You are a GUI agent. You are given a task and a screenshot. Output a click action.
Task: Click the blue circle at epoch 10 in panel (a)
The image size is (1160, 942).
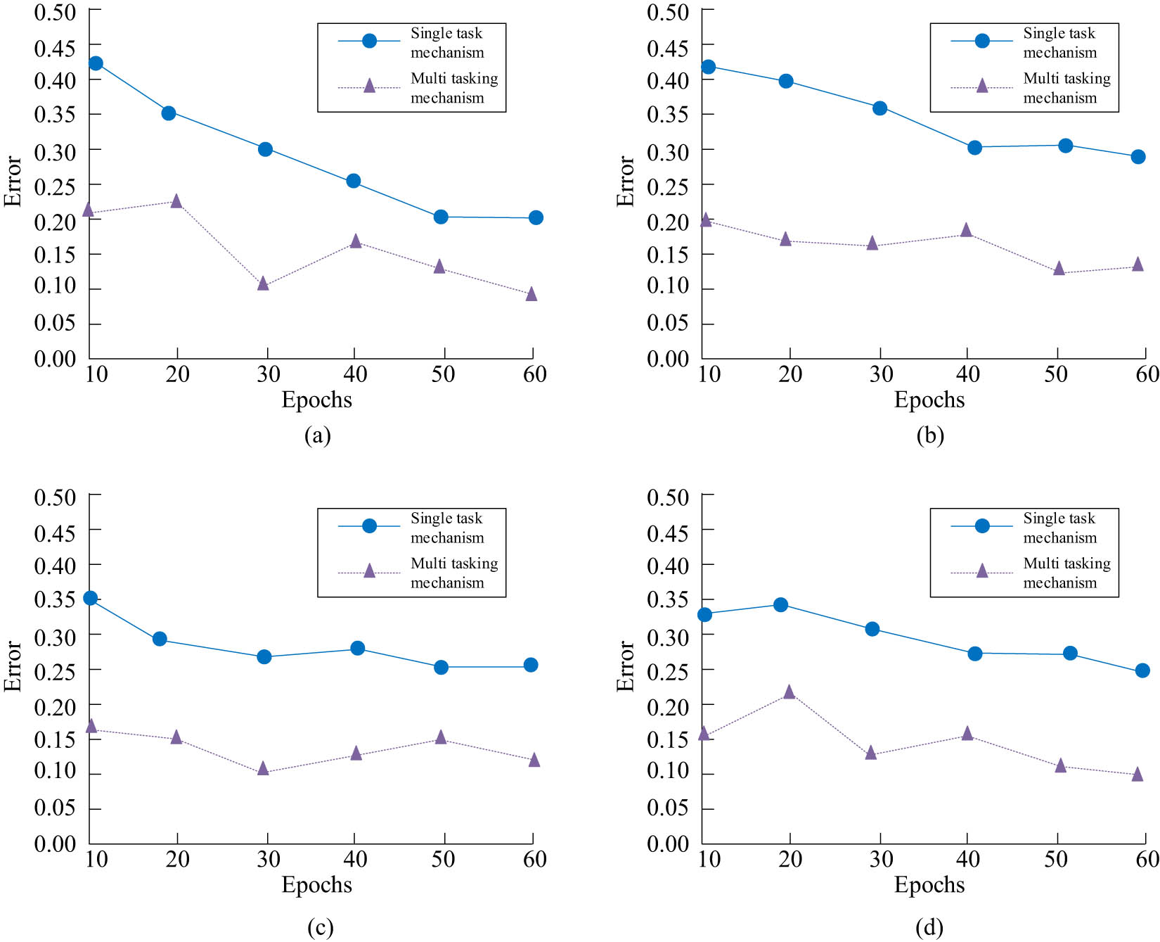click(x=96, y=63)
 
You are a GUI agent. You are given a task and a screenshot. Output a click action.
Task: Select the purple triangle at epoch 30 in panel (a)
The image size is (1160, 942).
click(x=263, y=284)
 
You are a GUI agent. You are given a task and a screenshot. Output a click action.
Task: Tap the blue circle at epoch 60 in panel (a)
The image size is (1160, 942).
click(x=536, y=217)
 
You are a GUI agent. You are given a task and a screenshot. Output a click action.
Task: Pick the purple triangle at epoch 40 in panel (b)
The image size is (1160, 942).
click(x=966, y=230)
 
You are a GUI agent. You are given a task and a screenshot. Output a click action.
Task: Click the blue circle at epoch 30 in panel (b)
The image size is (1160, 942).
click(x=879, y=108)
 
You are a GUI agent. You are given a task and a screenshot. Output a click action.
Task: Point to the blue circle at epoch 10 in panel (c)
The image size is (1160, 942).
click(x=90, y=598)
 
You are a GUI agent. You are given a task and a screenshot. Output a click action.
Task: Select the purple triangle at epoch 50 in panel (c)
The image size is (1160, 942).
click(x=441, y=737)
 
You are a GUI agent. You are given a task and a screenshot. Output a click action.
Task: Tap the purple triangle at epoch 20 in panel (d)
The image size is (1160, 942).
click(x=789, y=692)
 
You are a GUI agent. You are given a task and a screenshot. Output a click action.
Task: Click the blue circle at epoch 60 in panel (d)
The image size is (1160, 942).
click(x=1142, y=670)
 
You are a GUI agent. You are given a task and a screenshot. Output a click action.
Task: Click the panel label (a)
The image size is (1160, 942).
click(x=318, y=435)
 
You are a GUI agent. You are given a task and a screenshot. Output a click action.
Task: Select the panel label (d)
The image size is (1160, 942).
click(x=929, y=927)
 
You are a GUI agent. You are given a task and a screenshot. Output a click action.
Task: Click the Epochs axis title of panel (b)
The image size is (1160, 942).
click(x=929, y=400)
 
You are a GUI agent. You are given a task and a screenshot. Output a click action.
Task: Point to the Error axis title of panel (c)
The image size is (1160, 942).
click(x=13, y=666)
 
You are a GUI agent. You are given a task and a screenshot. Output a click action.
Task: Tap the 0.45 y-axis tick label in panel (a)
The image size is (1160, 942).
click(x=55, y=48)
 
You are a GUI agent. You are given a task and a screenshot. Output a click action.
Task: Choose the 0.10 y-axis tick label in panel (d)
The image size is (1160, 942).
click(x=668, y=771)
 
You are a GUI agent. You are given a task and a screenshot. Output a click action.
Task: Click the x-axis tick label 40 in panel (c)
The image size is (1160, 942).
click(x=355, y=859)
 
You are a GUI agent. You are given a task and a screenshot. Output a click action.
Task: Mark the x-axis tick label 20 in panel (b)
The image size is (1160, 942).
click(x=790, y=374)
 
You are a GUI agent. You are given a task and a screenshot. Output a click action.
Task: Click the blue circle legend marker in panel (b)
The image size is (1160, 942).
click(x=982, y=41)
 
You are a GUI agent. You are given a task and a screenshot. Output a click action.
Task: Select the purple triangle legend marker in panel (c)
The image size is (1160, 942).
click(x=369, y=571)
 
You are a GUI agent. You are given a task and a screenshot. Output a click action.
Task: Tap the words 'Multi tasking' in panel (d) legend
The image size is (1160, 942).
click(x=1066, y=564)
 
